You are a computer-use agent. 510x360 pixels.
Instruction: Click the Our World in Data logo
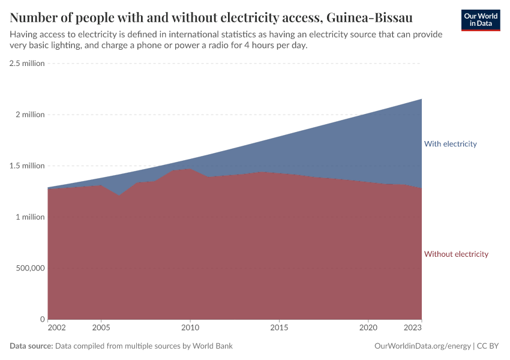tap(480, 20)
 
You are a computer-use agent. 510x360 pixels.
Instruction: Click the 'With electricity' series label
tap(450, 144)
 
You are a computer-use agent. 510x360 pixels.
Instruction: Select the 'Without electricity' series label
tap(456, 254)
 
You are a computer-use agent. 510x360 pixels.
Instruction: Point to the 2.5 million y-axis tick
tap(27, 64)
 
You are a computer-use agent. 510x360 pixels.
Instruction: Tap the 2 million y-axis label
tap(31, 115)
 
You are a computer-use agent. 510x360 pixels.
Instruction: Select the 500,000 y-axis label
tap(29, 268)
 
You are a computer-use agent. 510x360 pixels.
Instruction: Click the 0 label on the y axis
tap(42, 319)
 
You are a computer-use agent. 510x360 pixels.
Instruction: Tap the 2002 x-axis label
tap(56, 328)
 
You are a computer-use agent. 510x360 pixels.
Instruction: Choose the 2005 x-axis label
tap(101, 328)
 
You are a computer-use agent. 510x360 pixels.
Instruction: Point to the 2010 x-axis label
tap(190, 328)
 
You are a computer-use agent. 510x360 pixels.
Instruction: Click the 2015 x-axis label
tap(278, 328)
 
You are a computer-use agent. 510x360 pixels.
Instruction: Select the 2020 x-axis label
tap(368, 328)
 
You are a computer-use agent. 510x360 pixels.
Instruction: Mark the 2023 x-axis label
tap(413, 328)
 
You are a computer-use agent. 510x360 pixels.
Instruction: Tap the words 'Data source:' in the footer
tap(31, 346)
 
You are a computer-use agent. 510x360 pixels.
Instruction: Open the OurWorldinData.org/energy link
tap(422, 346)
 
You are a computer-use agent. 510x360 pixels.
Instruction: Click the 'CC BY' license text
tap(489, 346)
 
